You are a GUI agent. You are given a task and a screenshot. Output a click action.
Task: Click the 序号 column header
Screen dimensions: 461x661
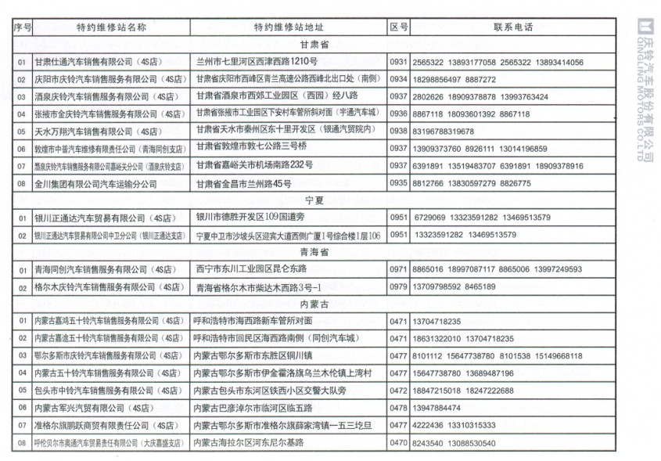tap(22, 27)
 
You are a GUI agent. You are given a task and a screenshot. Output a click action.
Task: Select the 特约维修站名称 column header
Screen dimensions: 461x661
tap(111, 27)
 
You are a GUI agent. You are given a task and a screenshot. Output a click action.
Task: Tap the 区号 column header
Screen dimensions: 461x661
tap(399, 27)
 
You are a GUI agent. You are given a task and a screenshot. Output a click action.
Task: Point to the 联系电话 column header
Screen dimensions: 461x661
tap(513, 27)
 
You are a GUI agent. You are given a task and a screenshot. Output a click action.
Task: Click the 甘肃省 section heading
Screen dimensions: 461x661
tap(314, 45)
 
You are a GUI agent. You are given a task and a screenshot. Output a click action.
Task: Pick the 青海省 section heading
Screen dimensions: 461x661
tap(314, 253)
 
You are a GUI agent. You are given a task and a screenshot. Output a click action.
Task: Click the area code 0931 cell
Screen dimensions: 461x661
tap(399, 62)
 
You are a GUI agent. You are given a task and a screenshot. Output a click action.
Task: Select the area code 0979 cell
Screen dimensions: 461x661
tap(399, 287)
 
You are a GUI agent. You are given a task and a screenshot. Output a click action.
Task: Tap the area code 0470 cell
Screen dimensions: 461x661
tap(399, 443)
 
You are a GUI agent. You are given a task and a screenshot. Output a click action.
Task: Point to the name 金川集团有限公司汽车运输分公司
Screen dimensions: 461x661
tap(95, 184)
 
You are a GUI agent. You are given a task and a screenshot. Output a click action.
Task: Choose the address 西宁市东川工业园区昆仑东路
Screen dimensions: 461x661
tap(251, 269)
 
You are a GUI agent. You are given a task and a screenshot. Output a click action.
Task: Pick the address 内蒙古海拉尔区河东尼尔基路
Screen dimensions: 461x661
tap(249, 443)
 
